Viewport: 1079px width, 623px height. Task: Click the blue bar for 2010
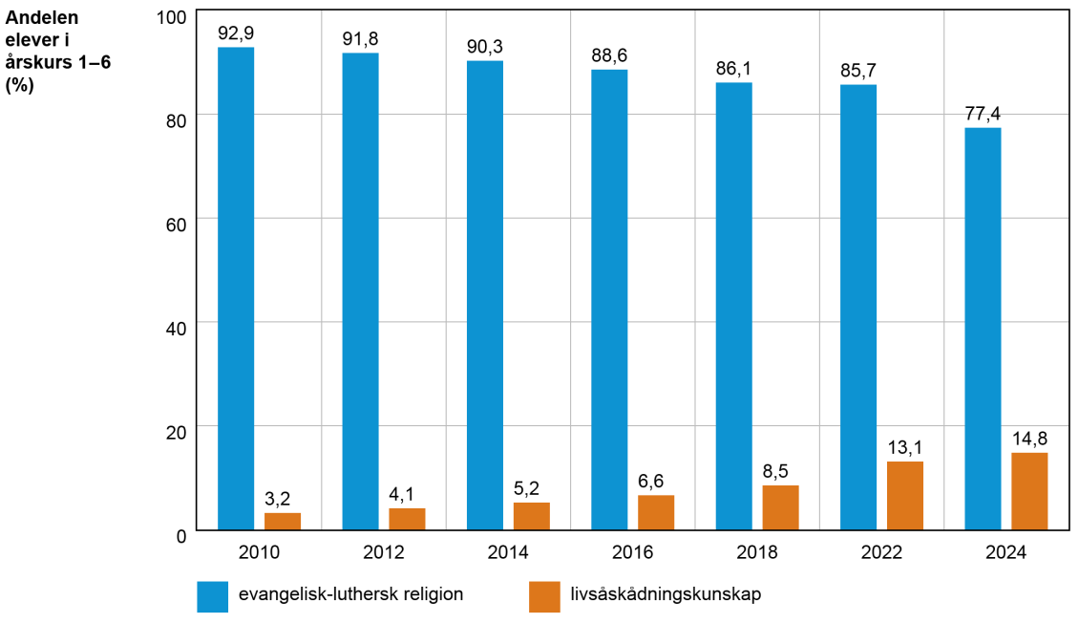[236, 288]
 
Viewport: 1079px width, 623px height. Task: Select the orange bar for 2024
[1029, 491]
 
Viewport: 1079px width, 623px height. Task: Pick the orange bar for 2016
[656, 512]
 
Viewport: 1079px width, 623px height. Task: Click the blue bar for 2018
[733, 306]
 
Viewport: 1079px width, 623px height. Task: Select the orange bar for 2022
[905, 495]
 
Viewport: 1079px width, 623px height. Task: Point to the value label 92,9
[236, 33]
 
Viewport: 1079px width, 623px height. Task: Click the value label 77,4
[983, 114]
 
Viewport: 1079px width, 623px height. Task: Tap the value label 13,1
[905, 448]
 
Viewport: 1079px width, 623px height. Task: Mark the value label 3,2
[283, 499]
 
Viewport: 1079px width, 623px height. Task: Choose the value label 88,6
[609, 56]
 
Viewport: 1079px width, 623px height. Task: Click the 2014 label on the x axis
[508, 552]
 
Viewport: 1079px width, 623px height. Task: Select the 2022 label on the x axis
[881, 552]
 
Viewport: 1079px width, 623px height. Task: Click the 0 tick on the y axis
[180, 535]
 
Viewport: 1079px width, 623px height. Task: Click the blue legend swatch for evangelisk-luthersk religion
[213, 595]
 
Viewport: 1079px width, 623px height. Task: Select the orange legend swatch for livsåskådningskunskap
[543, 595]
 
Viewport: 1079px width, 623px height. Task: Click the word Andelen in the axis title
[43, 17]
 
